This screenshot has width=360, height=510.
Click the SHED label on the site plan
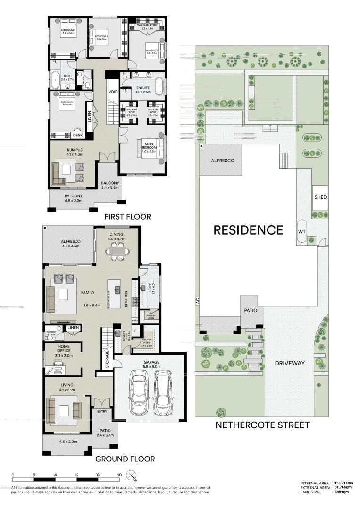(320, 197)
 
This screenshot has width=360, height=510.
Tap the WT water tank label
(302, 232)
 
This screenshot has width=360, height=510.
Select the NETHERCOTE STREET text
(262, 425)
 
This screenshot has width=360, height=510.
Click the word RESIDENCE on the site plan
(248, 230)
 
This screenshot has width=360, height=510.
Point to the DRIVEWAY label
(289, 363)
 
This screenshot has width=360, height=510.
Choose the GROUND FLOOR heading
(125, 459)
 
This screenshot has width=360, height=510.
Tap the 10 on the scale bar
(119, 476)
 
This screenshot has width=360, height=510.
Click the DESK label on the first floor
(77, 136)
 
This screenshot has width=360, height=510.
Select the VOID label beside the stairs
(113, 92)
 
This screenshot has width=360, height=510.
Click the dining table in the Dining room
(116, 252)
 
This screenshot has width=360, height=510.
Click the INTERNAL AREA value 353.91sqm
(343, 483)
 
